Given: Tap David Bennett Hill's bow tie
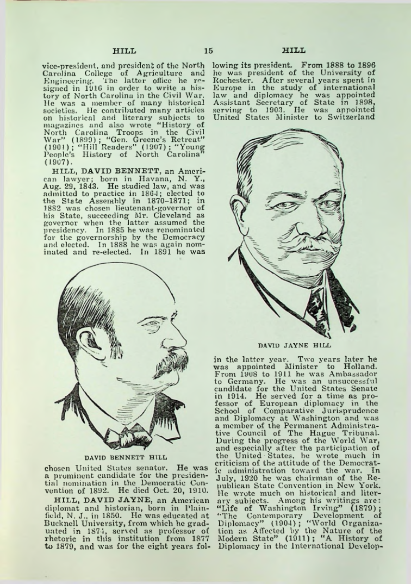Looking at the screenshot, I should click(x=130, y=435).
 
